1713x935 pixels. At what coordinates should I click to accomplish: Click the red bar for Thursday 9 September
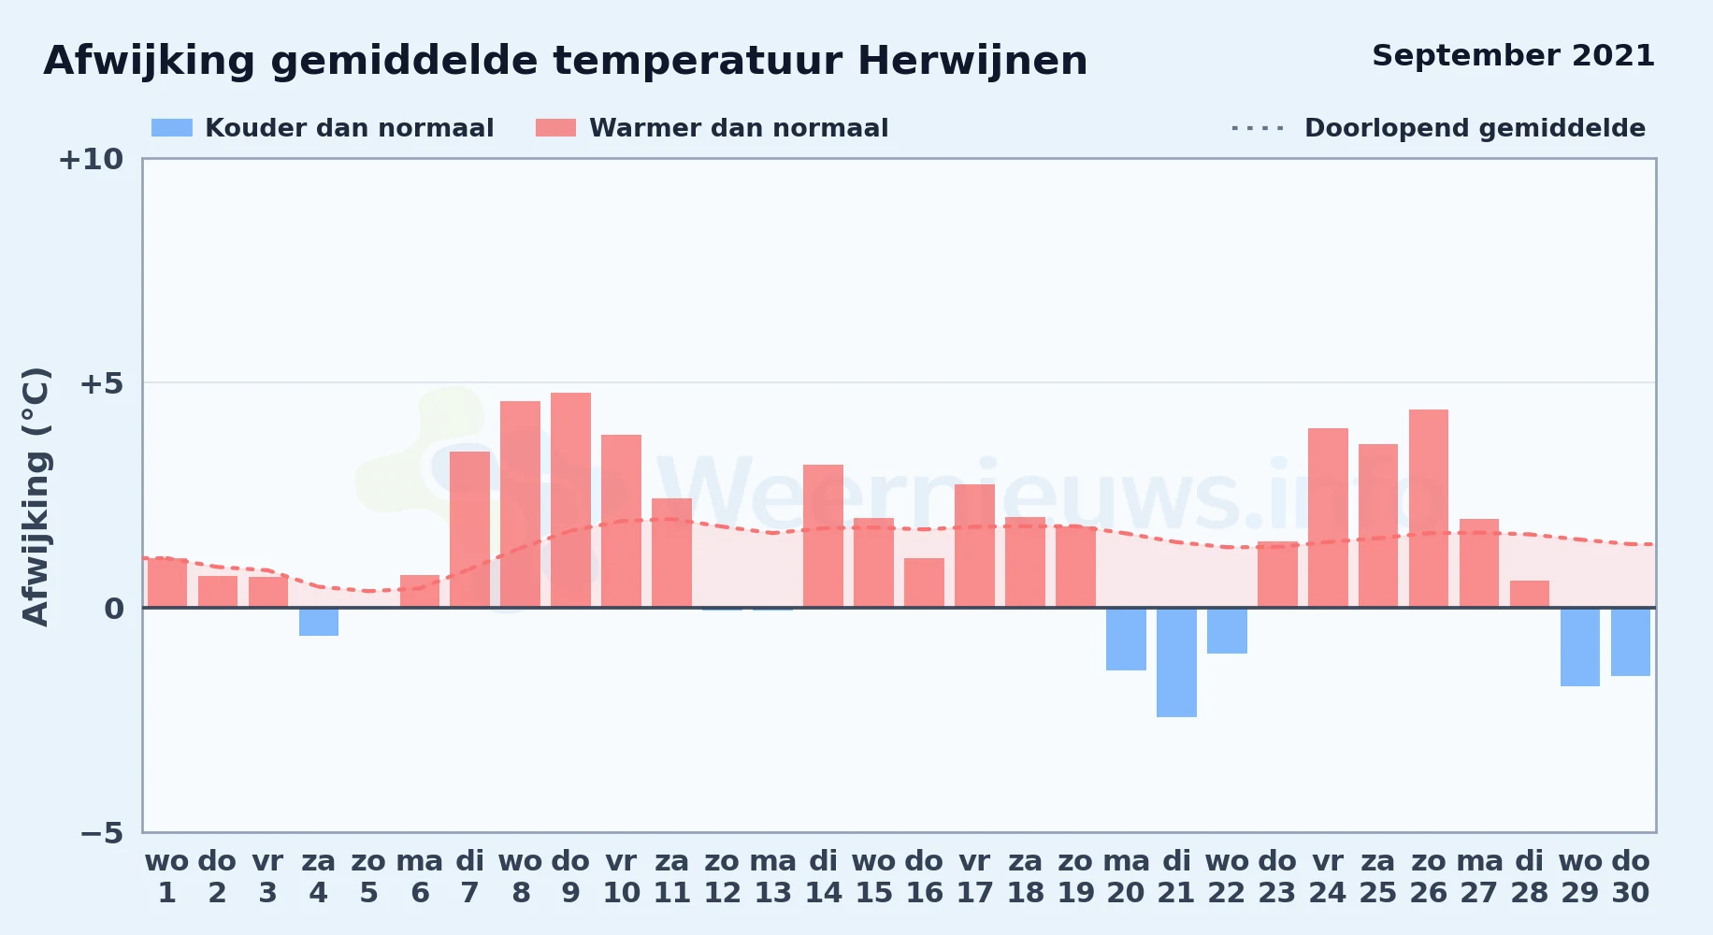[570, 500]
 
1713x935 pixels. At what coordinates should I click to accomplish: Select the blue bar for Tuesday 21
[1176, 663]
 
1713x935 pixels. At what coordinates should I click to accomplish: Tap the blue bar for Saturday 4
[319, 622]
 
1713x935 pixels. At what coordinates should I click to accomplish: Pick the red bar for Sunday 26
[1429, 509]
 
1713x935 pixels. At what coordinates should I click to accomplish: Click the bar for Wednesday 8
[520, 504]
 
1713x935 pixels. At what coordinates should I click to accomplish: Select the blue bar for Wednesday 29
[1580, 647]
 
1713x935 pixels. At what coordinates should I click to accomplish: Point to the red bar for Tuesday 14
[823, 536]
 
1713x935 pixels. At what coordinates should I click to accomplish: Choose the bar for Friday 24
[1328, 518]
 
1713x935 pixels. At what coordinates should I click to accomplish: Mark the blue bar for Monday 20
[1126, 640]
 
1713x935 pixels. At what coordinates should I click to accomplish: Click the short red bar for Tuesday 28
[1530, 594]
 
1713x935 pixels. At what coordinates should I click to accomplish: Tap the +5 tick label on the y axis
[101, 383]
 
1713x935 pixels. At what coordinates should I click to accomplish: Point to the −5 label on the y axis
[101, 833]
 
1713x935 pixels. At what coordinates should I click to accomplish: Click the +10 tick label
[91, 159]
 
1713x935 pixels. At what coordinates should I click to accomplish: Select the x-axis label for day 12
[722, 877]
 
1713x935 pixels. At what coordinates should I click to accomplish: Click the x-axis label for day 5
[368, 877]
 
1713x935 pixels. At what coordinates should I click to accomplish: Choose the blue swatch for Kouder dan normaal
[172, 128]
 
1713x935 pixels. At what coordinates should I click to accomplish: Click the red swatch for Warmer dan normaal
[555, 128]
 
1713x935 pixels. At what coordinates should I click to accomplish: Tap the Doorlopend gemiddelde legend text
[1475, 128]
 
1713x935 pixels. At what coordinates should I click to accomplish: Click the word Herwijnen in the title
[972, 62]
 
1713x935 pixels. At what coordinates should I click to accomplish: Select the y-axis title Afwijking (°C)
[36, 496]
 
